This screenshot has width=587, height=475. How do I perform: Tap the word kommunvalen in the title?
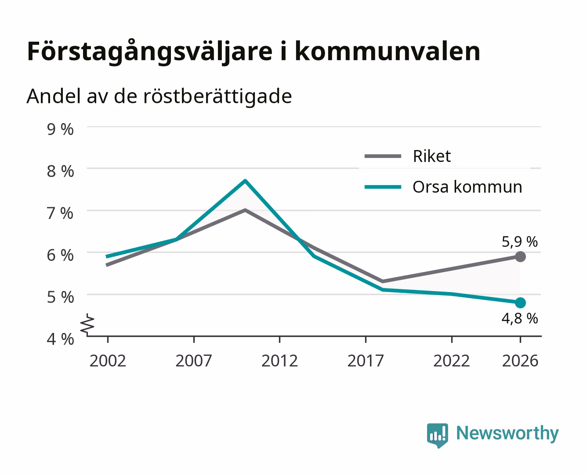388,51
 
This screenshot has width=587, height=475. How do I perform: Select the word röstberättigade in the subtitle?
217,96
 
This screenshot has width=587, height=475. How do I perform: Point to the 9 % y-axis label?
60,129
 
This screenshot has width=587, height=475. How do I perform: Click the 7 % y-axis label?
60,213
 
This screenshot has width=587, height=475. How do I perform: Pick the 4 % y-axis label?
60,339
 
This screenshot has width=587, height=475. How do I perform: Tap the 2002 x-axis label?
108,361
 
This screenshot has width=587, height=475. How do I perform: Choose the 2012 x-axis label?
279,361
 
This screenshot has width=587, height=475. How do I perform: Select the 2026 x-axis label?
520,361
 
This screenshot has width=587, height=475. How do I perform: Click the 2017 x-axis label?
366,361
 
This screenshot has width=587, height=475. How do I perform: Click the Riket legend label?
431,156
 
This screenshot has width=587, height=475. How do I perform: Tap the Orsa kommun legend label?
467,187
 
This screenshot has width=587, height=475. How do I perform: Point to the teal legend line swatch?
383,187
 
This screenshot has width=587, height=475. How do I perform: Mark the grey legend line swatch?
383,156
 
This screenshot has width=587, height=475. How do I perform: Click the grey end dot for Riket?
520,256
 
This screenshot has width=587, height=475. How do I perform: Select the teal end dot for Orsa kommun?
520,303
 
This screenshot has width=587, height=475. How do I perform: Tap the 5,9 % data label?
519,241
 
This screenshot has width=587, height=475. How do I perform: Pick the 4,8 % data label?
519,318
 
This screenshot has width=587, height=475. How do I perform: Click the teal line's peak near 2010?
245,181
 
